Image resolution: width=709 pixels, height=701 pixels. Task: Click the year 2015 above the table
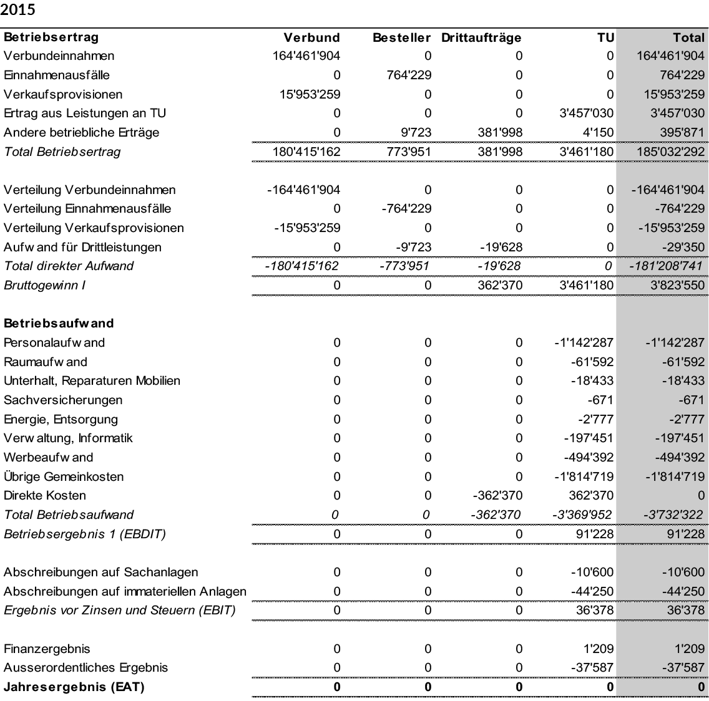tap(18, 11)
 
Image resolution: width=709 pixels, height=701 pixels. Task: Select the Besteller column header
tap(402, 37)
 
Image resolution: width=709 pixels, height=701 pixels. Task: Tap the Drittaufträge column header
tap(481, 37)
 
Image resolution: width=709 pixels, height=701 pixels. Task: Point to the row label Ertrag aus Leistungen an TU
tap(85, 113)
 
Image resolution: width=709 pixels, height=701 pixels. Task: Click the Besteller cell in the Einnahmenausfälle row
tap(406, 75)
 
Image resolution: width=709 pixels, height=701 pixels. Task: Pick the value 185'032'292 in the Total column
tap(670, 152)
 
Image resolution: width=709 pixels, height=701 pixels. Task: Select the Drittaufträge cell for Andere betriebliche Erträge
tap(498, 132)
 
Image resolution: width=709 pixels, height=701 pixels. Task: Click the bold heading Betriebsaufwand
tap(59, 323)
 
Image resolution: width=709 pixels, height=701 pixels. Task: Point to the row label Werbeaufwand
tap(48, 457)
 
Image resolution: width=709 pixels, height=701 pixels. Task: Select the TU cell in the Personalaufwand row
tap(584, 342)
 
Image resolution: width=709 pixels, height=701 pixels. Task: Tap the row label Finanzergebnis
tap(47, 649)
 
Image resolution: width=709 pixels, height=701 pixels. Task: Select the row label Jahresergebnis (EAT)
tap(74, 687)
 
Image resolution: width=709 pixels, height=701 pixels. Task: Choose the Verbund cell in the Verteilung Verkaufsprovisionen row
tap(307, 228)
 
